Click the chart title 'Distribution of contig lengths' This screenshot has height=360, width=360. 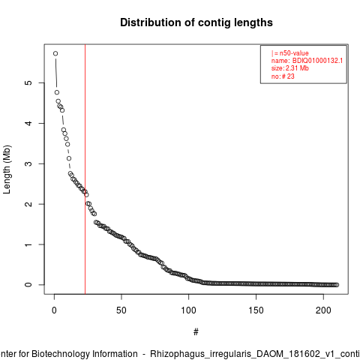[196, 22]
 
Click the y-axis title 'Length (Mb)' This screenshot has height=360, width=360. [7, 169]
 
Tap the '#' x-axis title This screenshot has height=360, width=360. [196, 332]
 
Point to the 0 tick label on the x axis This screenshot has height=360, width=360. [54, 310]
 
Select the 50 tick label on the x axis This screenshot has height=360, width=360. [121, 310]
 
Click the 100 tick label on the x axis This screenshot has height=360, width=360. [188, 310]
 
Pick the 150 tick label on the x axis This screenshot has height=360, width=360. [256, 310]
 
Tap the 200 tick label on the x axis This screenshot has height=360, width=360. [323, 310]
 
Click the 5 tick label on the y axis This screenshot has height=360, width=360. [28, 82]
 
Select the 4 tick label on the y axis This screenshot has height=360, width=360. [28, 123]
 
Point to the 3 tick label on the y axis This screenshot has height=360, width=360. [28, 163]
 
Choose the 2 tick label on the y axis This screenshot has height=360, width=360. [28, 204]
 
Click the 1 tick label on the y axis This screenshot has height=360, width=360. [28, 244]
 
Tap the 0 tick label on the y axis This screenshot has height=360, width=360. [28, 285]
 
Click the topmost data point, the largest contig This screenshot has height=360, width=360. [55, 53]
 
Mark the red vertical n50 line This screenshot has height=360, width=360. [85, 169]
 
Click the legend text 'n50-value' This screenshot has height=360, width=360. [294, 53]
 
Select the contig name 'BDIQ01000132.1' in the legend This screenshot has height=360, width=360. [317, 61]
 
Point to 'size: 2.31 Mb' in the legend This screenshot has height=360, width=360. [290, 68]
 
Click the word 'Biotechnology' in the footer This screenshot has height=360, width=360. [85, 354]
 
